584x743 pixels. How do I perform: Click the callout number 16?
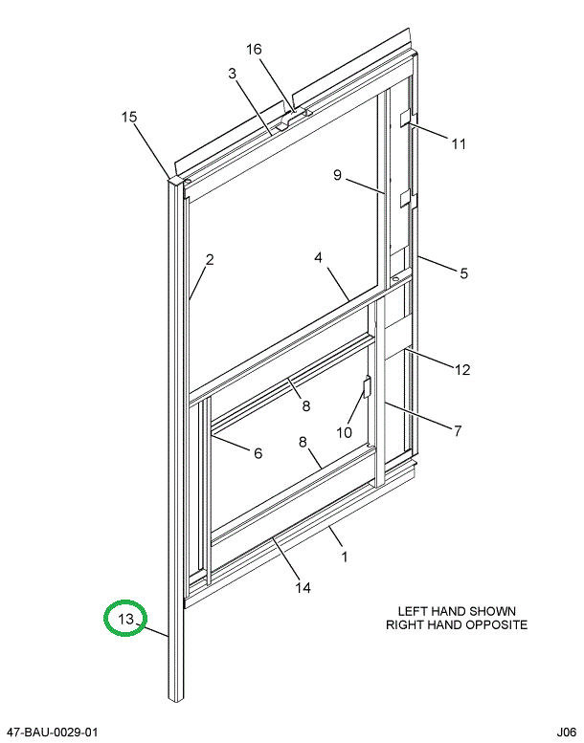[x=254, y=49]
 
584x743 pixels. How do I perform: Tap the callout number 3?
[x=232, y=74]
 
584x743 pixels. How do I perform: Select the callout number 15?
[x=129, y=117]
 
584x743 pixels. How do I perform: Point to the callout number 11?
[x=459, y=143]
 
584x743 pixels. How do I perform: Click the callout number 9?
[x=337, y=175]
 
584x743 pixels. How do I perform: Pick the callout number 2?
[x=210, y=259]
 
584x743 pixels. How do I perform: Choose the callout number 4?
[x=318, y=257]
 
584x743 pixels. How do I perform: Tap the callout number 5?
[x=463, y=273]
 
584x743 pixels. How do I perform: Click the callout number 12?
[x=462, y=370]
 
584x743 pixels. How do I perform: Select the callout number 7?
[x=458, y=430]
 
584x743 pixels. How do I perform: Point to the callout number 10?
[x=345, y=432]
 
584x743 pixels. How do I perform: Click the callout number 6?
[x=258, y=453]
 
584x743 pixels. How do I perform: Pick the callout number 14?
[x=303, y=587]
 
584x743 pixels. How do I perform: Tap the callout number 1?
[x=345, y=557]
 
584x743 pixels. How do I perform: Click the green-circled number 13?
[x=126, y=619]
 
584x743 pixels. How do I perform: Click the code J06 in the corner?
[x=567, y=732]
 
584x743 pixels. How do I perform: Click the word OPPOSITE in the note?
[x=496, y=624]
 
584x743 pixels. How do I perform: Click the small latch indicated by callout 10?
[x=367, y=386]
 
